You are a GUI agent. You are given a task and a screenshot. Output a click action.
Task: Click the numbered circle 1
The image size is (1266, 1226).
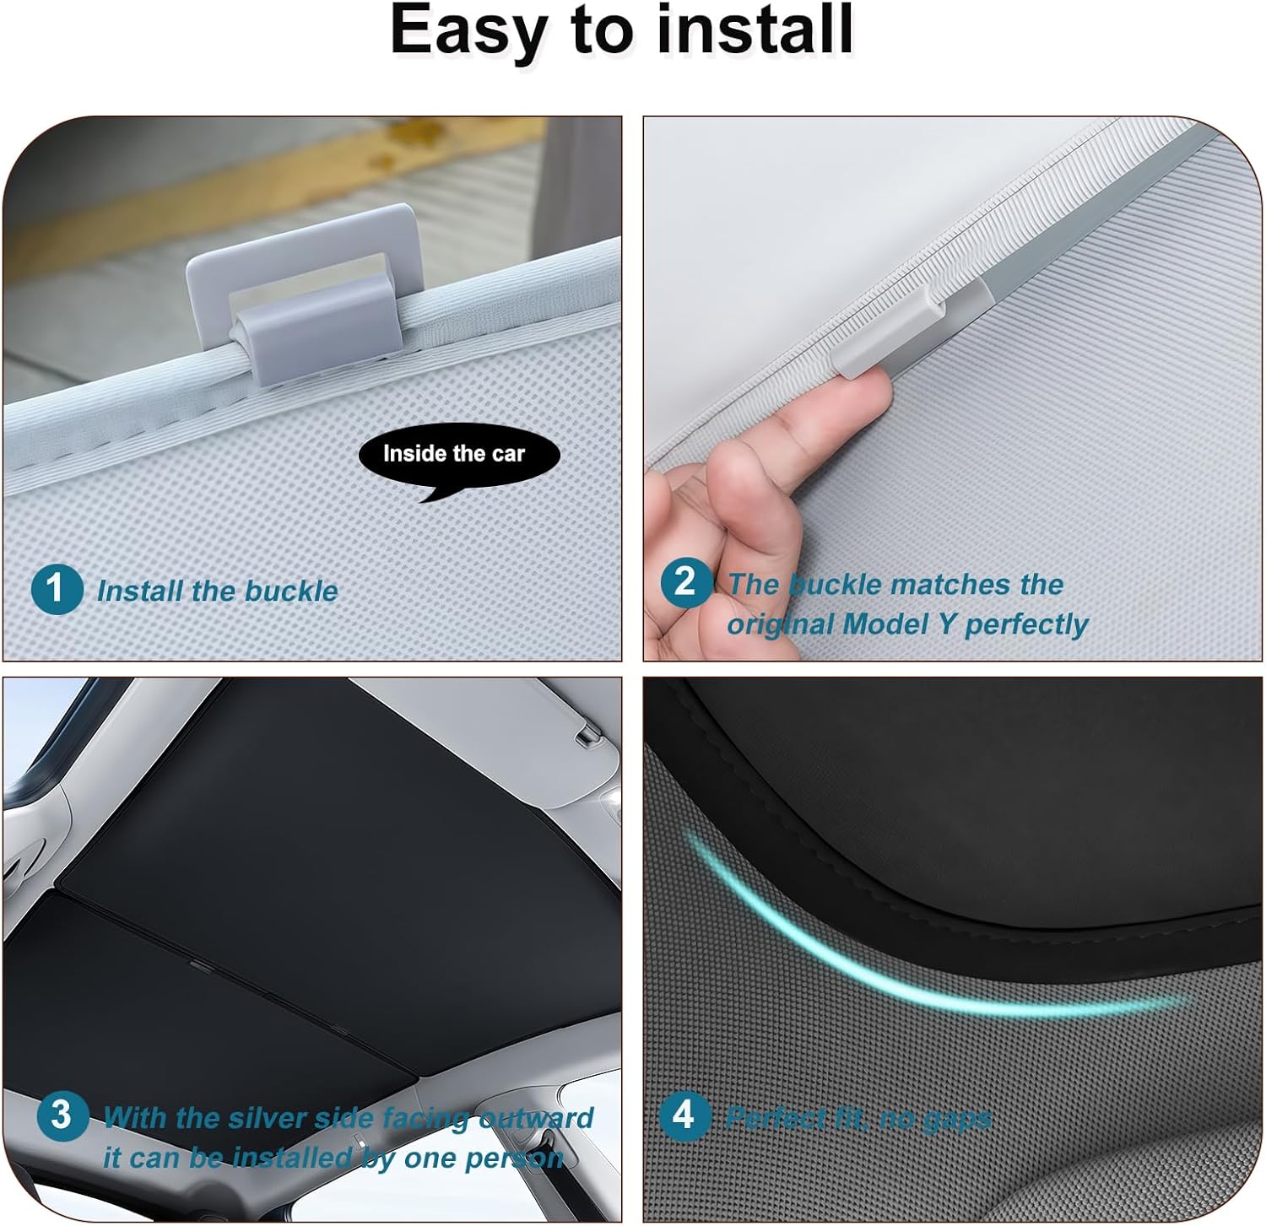click(x=57, y=588)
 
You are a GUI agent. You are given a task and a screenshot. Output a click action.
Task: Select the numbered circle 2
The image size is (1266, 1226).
click(x=685, y=582)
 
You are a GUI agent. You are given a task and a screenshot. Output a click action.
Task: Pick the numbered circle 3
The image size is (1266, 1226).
click(x=62, y=1115)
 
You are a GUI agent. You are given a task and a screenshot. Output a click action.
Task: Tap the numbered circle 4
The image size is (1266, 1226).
click(x=684, y=1115)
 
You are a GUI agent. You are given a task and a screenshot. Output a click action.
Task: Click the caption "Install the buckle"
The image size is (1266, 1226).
click(x=218, y=591)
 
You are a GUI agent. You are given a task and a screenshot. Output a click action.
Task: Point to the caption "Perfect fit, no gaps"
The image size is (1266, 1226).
click(x=858, y=1119)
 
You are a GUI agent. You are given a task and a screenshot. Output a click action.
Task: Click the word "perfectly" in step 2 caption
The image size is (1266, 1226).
click(x=1026, y=625)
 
